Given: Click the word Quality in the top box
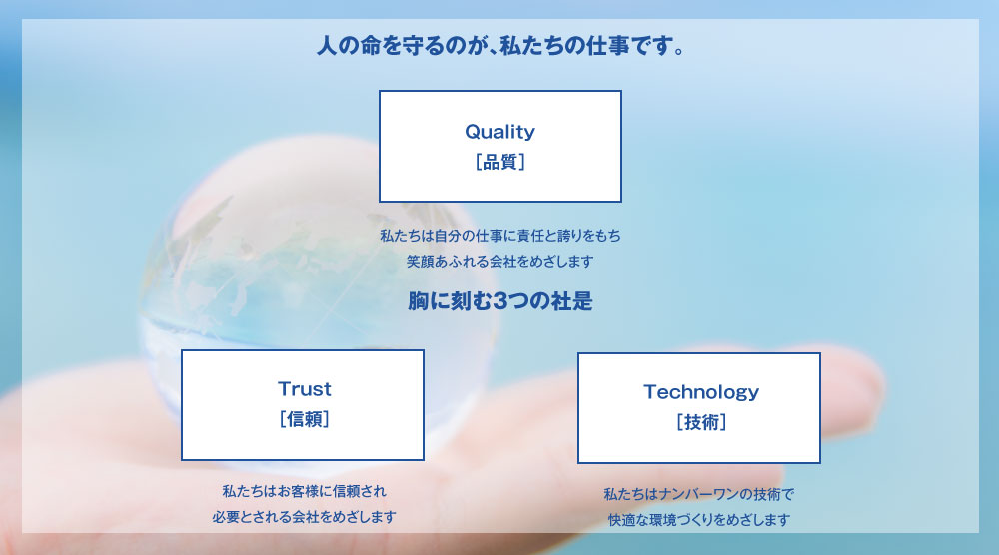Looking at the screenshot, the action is pos(500,132).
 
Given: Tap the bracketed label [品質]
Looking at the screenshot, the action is pos(500,162).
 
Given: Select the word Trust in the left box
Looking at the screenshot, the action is pos(305,389).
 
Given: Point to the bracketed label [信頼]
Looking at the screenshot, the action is pos(305,419).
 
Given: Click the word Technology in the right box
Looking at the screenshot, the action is pos(701,392).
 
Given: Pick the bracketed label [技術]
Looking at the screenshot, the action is pos(701,422).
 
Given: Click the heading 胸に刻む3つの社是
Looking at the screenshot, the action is pos(500,301).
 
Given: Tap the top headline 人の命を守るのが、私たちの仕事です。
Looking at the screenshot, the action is pos(500,45).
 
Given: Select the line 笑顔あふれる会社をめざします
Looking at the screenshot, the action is pos(500,261).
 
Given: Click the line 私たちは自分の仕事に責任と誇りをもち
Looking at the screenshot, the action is pos(500,236).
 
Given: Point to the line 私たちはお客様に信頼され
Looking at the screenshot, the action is pos(304,491).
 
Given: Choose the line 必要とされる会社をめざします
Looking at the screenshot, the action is pos(304,517).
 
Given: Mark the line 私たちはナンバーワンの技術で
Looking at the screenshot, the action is pos(699,494).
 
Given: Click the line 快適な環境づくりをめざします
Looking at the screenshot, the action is pos(699,520).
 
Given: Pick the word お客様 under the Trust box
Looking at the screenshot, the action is pos(297,491).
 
